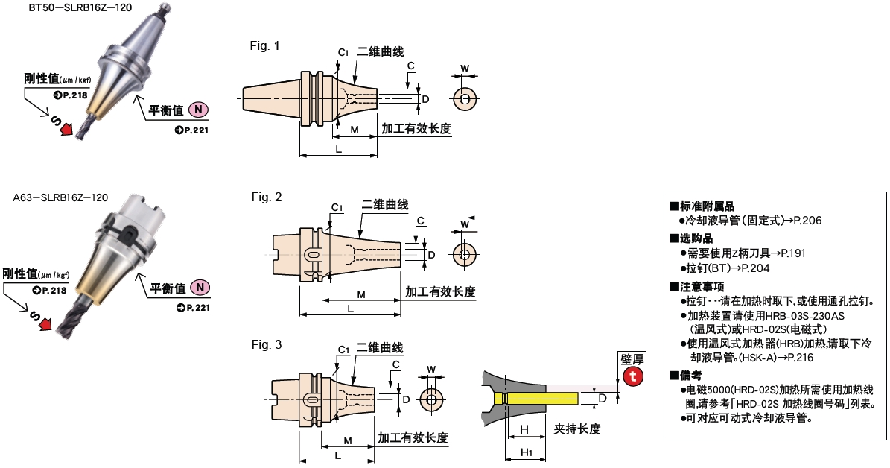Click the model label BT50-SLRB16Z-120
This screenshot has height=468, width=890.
[x=80, y=9]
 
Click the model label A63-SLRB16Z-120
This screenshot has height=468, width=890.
[x=60, y=197]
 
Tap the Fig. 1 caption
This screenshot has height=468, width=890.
[x=264, y=45]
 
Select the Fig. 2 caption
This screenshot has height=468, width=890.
[x=266, y=197]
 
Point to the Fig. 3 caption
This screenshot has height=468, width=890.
[x=266, y=345]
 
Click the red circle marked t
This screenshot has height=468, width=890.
[x=632, y=376]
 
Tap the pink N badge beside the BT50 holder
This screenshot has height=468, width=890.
[x=198, y=110]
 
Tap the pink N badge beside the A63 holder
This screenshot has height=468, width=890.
[x=200, y=288]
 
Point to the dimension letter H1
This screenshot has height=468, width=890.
[x=526, y=452]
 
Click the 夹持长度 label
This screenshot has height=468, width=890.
[x=576, y=429]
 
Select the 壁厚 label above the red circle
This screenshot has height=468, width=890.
[x=632, y=359]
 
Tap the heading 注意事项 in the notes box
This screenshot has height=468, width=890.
[x=697, y=286]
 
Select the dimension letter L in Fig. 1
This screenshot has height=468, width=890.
[x=338, y=149]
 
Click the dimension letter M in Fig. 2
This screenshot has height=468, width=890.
[x=361, y=294]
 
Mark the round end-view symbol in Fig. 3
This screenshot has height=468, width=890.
[x=431, y=399]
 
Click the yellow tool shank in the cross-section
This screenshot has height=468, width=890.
[x=535, y=399]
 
